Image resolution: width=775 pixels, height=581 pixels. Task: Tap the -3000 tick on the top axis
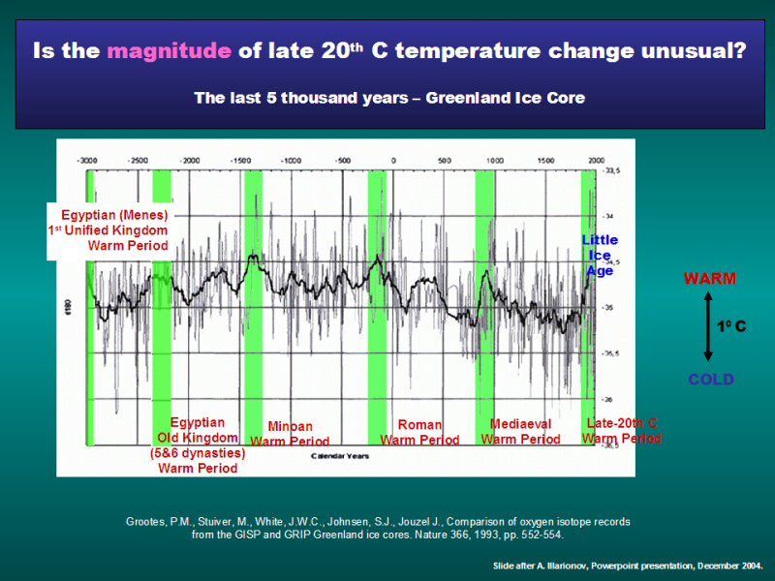click(88, 160)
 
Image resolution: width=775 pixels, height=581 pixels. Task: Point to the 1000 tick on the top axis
click(496, 160)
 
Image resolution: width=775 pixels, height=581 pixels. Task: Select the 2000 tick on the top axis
click(597, 160)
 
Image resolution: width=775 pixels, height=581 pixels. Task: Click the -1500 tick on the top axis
click(240, 160)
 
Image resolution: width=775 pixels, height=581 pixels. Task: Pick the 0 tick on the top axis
click(393, 160)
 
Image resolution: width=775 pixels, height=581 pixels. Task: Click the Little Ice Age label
click(600, 256)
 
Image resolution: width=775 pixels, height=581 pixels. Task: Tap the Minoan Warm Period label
click(290, 433)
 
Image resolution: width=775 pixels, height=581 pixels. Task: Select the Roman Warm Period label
click(419, 432)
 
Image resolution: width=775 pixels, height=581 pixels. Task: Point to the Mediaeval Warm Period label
click(521, 432)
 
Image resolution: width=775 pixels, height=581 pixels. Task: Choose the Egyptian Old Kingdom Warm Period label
click(198, 445)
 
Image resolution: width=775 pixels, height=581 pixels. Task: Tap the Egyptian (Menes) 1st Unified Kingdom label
click(108, 230)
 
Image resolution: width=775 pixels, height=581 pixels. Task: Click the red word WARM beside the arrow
click(710, 279)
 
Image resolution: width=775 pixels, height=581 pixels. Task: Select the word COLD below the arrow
click(711, 380)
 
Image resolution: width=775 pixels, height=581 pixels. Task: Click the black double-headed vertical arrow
click(708, 329)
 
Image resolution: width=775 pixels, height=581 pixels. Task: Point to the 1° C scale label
click(731, 327)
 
